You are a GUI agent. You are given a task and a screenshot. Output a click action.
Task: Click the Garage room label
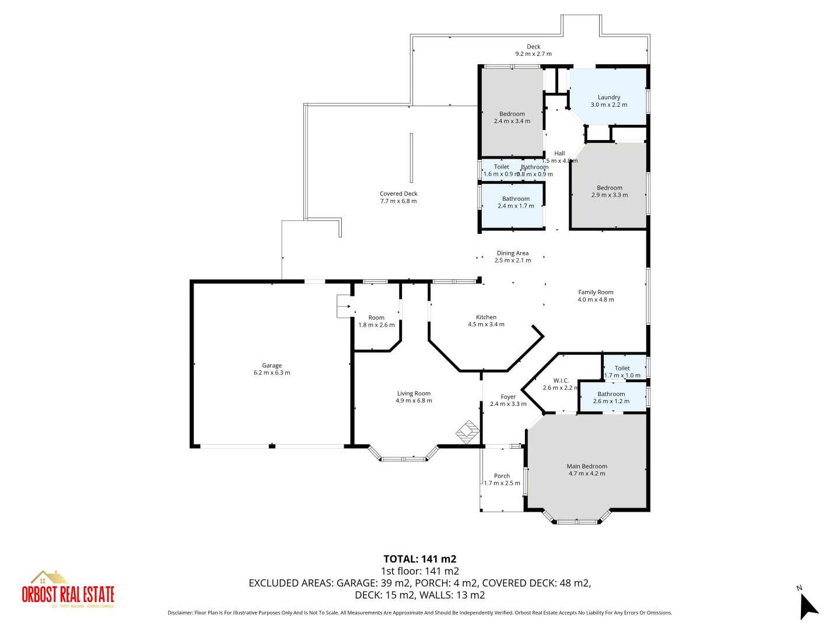click(272, 366)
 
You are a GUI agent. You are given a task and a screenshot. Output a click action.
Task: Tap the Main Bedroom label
click(587, 466)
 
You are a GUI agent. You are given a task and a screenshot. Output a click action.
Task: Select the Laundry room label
click(608, 97)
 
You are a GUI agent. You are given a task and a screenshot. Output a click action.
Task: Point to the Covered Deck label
click(398, 194)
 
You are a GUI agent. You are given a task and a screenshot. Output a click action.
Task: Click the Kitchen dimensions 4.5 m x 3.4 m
click(486, 324)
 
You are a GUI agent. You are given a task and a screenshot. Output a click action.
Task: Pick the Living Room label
click(414, 394)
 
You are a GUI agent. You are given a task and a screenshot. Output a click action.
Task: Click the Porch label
click(502, 476)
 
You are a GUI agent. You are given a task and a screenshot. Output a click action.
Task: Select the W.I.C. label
click(561, 380)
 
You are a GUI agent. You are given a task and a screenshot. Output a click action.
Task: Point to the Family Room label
click(596, 292)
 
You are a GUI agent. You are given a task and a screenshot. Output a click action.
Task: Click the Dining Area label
click(513, 253)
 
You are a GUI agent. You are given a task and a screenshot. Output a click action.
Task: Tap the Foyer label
click(508, 397)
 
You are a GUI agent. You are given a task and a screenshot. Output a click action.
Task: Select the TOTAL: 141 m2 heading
click(419, 559)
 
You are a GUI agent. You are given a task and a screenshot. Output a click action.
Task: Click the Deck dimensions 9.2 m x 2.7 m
click(533, 54)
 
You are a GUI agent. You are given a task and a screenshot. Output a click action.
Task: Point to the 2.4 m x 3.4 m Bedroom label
click(512, 114)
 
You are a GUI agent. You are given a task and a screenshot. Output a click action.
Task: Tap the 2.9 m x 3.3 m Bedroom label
click(610, 188)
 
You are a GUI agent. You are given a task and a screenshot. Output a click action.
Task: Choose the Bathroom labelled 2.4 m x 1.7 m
click(516, 199)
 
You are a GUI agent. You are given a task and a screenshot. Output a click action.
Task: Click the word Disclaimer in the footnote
click(180, 612)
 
